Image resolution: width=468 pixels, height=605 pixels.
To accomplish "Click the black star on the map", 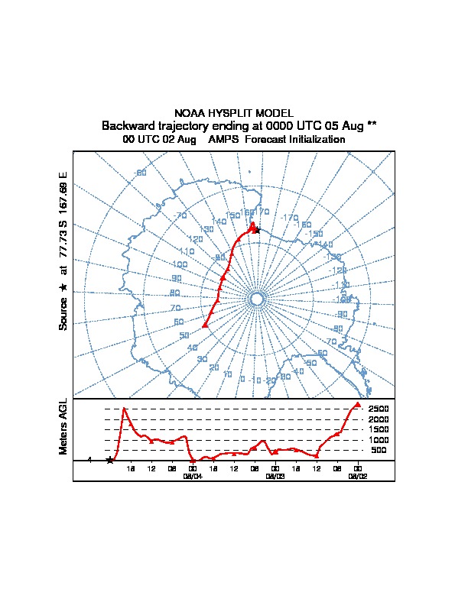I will coord(257,230).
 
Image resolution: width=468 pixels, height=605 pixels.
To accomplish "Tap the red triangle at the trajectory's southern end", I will coord(205,325).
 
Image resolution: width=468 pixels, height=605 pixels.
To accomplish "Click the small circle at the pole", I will coord(257,299).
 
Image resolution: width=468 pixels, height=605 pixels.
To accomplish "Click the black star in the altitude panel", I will coord(110,460).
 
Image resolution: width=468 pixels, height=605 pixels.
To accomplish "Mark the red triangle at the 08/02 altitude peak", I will coord(358,404).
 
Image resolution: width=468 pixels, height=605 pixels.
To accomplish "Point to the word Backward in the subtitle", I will coord(128,125).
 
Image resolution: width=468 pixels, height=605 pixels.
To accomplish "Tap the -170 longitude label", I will coord(289,218).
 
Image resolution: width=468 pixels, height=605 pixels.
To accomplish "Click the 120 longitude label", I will coord(196,239).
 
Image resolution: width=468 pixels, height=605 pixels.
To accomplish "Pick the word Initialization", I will coord(314,140).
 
